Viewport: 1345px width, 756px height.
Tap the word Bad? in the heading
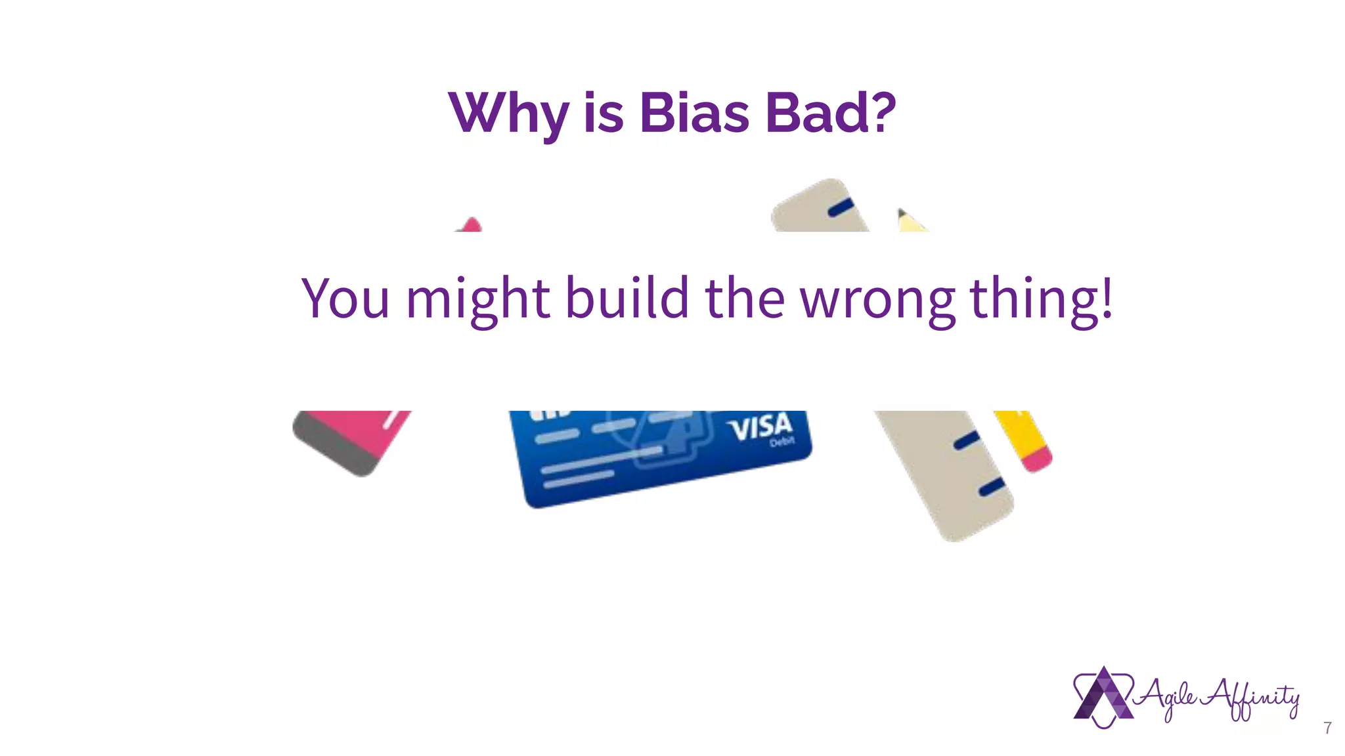click(x=830, y=113)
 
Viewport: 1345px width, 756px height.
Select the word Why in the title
click(x=508, y=115)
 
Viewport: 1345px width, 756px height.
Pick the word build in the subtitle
click(x=627, y=299)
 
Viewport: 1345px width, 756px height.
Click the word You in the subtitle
click(x=345, y=299)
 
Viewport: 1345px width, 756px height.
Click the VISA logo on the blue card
click(x=760, y=428)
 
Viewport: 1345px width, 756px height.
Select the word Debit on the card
click(x=782, y=442)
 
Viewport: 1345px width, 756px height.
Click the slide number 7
click(x=1327, y=728)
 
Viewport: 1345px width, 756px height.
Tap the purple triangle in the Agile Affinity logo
click(x=1103, y=697)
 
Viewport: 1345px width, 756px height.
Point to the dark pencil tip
click(x=902, y=213)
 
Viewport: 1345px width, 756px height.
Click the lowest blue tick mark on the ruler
click(x=992, y=487)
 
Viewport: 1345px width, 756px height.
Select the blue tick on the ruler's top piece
click(x=841, y=207)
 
